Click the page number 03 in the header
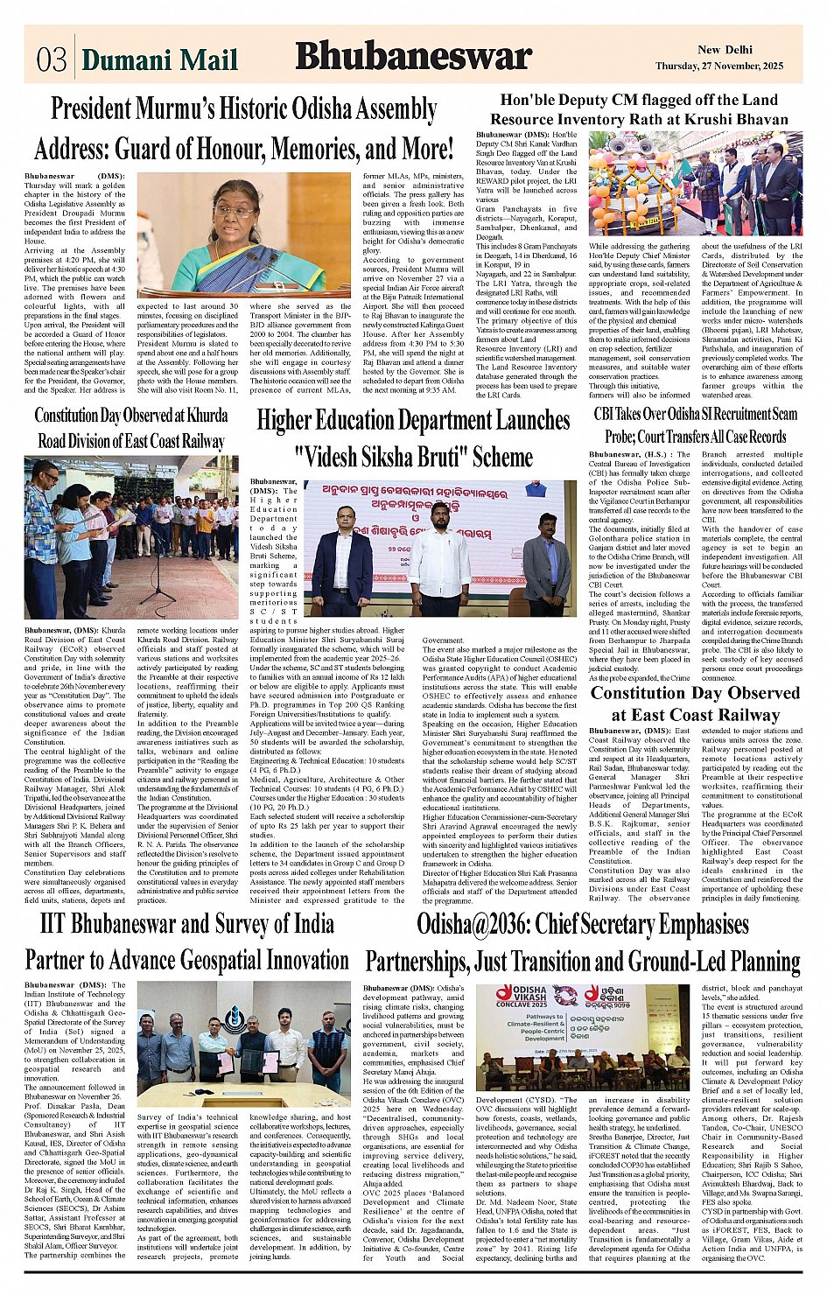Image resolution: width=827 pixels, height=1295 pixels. (x=52, y=59)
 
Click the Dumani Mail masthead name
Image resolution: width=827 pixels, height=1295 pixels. (x=159, y=59)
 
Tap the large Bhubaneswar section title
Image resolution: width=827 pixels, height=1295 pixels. (x=414, y=57)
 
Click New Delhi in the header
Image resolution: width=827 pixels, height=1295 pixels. (x=725, y=50)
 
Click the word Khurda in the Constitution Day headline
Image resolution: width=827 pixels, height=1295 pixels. (x=207, y=416)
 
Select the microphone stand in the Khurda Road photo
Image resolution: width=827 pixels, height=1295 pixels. (x=158, y=560)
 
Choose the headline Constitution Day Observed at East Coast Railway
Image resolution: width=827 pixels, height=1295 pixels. (x=694, y=703)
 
